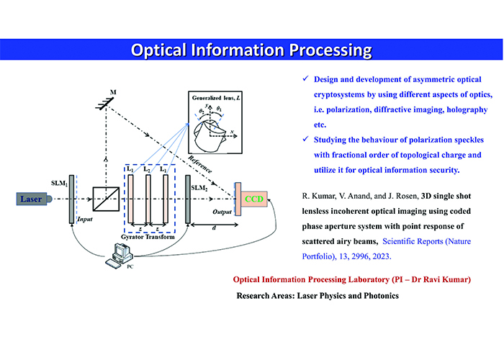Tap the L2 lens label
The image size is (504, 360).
[147, 168]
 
